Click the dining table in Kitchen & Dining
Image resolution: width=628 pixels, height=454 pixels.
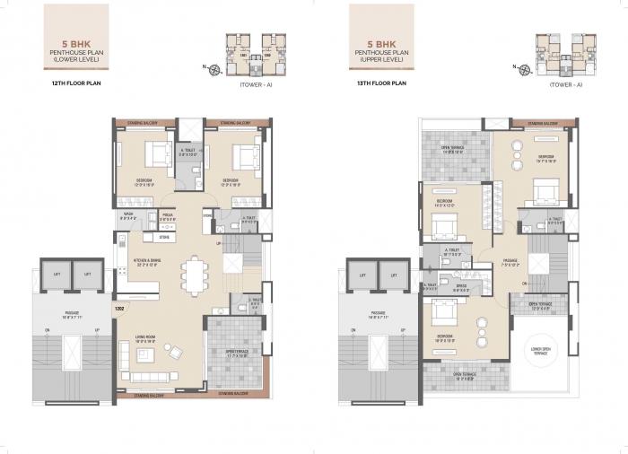click(196, 274)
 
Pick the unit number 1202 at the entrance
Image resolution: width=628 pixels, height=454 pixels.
click(118, 309)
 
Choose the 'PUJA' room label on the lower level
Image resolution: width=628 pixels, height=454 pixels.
click(167, 215)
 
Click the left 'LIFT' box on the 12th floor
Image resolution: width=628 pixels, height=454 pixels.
click(57, 275)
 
